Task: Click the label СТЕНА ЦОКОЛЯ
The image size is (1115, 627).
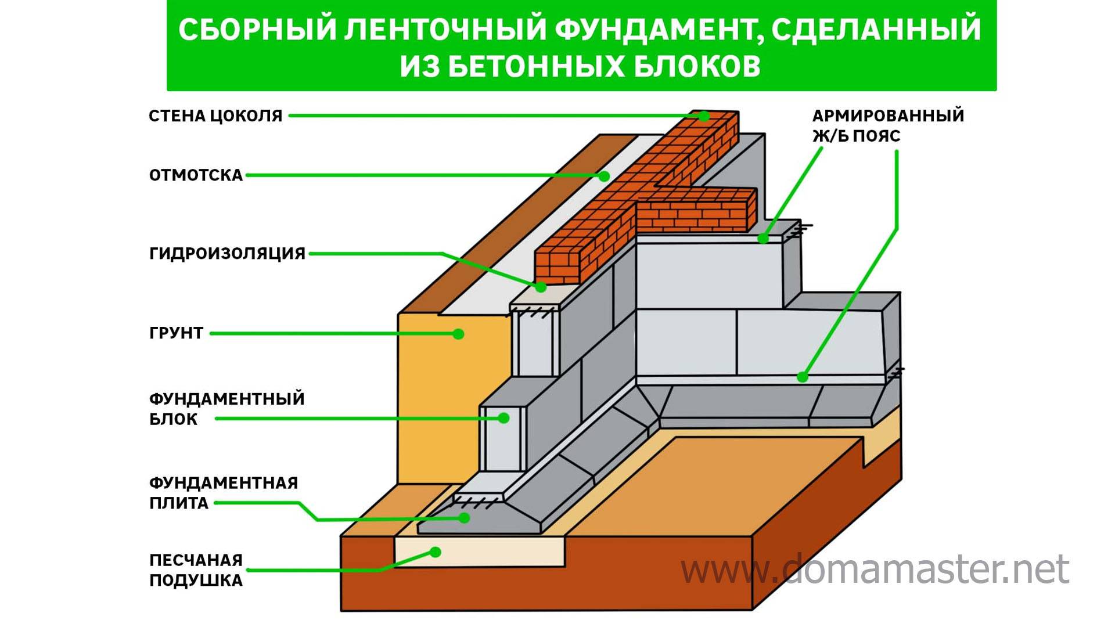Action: (215, 116)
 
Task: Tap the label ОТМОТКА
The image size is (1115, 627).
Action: (196, 175)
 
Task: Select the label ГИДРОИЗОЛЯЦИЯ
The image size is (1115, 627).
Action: (227, 254)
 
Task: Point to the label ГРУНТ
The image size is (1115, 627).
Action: (176, 333)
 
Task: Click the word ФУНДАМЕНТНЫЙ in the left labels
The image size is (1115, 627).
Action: (226, 399)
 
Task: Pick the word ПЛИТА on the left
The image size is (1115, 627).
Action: (178, 503)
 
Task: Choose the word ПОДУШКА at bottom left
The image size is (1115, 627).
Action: (196, 581)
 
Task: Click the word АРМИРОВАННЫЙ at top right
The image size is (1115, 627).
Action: (888, 116)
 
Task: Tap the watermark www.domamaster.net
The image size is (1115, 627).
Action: (875, 569)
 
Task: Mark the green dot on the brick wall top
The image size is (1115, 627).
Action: (704, 116)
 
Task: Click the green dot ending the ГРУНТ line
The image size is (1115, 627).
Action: (458, 334)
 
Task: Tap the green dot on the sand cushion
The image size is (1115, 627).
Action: (436, 552)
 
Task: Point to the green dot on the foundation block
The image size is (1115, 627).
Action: (505, 418)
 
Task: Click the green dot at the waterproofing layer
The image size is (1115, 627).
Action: (541, 287)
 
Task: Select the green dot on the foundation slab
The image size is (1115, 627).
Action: (464, 518)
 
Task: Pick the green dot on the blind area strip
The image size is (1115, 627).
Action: (605, 176)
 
